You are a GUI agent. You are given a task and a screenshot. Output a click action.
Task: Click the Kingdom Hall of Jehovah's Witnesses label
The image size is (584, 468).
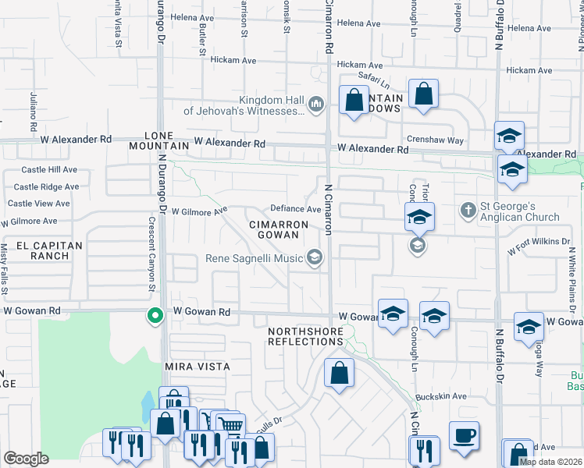pyautogui.click(x=244, y=105)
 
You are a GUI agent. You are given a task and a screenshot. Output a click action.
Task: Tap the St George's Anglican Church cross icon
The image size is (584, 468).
pyautogui.click(x=468, y=209)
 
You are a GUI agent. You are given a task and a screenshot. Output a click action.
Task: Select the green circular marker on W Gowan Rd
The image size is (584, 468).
pyautogui.click(x=155, y=316)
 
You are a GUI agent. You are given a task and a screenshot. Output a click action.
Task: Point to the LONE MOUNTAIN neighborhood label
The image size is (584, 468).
pyautogui.click(x=166, y=140)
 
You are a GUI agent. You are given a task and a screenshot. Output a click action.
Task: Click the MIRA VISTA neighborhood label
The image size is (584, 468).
pyautogui.click(x=197, y=367)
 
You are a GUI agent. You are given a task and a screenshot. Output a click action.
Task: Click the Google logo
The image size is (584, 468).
pyautogui.click(x=26, y=459)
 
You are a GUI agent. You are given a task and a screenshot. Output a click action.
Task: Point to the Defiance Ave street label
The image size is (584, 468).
pyautogui.click(x=296, y=209)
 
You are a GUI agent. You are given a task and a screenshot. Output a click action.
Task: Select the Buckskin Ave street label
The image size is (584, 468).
pyautogui.click(x=441, y=396)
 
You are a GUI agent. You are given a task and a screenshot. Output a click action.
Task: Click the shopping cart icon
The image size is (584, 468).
pyautogui.click(x=230, y=425)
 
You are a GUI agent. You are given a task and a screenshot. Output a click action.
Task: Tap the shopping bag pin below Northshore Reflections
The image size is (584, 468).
pyautogui.click(x=339, y=372)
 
